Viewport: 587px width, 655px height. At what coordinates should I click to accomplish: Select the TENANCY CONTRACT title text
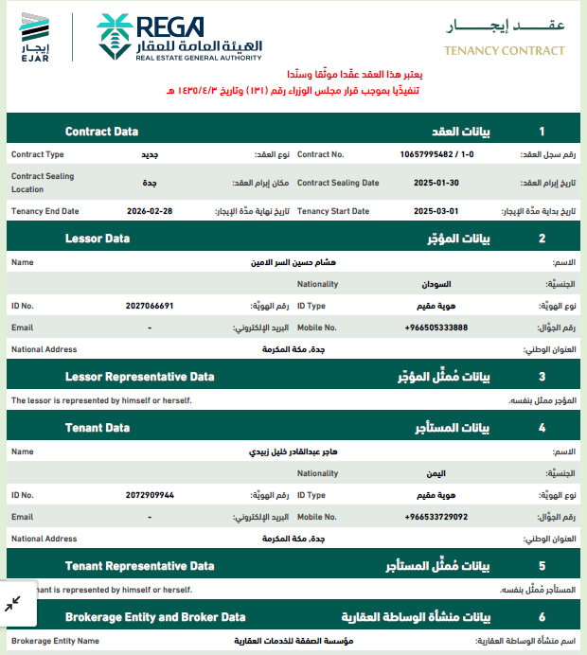click(x=505, y=51)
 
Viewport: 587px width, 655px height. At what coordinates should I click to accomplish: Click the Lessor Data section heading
click(x=98, y=239)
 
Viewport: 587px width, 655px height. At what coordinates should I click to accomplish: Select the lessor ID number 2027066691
click(x=150, y=306)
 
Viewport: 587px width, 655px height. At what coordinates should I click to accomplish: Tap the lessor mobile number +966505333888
click(x=436, y=327)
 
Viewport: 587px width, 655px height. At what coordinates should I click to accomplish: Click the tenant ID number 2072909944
click(x=150, y=495)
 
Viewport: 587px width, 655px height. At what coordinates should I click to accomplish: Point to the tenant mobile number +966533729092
click(x=436, y=517)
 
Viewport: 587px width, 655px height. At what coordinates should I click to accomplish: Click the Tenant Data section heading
click(x=98, y=428)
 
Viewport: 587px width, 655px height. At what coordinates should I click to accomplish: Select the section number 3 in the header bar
click(x=542, y=377)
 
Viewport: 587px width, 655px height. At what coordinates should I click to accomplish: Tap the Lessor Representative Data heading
click(x=139, y=377)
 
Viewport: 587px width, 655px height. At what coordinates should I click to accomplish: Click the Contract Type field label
click(x=38, y=153)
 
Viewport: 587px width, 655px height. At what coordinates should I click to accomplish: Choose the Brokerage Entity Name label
click(x=55, y=641)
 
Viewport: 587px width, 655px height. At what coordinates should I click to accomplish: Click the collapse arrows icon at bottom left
click(x=13, y=604)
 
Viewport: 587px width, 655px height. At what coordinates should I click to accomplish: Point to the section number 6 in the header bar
click(x=542, y=617)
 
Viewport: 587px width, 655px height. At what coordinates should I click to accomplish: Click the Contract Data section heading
click(x=101, y=132)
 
